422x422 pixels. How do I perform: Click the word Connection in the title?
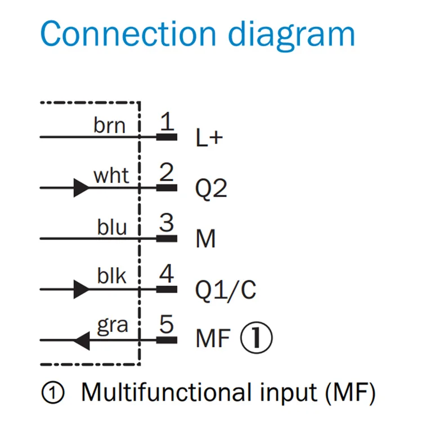[x=128, y=33]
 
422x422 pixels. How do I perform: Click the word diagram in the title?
[x=291, y=36]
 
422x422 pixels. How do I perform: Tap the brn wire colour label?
[x=110, y=125]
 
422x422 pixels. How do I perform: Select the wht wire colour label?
[x=111, y=176]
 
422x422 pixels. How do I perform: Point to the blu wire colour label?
[x=112, y=227]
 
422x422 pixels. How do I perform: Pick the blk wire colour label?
[x=112, y=276]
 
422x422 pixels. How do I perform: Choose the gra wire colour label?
[x=113, y=326]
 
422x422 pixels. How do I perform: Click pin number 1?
[x=167, y=121]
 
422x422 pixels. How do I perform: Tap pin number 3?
[x=167, y=223]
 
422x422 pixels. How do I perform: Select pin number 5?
[x=167, y=324]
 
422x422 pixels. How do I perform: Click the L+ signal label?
[x=209, y=137]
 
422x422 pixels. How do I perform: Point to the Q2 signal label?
[x=211, y=188]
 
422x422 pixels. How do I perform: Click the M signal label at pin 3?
[x=206, y=239]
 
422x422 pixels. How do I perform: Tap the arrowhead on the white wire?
[x=81, y=187]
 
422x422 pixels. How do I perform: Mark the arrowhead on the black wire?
[x=81, y=289]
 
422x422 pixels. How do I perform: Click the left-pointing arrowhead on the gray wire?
[x=82, y=341]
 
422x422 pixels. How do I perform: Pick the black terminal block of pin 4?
[x=167, y=289]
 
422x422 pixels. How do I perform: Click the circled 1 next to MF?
[x=257, y=338]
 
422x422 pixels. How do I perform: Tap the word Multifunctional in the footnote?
[x=166, y=392]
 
